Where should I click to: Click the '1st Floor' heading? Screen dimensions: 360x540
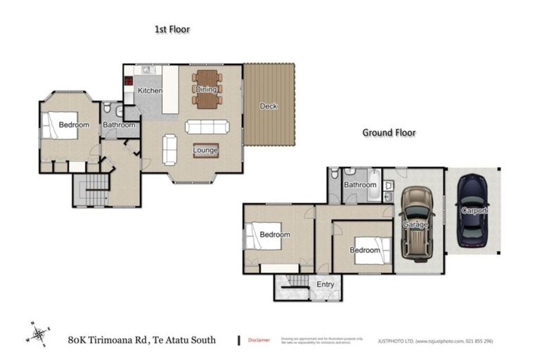tap(172, 30)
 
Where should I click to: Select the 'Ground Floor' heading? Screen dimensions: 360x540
tap(389, 132)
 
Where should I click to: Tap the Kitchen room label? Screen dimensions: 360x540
tap(150, 91)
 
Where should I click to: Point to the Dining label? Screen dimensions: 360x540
tap(206, 89)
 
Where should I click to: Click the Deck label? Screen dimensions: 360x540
tap(269, 106)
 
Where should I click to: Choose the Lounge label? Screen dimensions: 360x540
tap(206, 150)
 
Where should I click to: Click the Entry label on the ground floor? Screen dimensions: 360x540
tap(326, 283)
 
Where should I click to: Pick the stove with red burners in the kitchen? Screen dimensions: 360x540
tap(129, 80)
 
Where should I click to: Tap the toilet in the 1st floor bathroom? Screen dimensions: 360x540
tap(106, 110)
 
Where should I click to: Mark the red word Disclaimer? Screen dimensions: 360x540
tap(259, 340)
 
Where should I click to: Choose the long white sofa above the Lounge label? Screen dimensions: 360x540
tap(207, 127)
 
